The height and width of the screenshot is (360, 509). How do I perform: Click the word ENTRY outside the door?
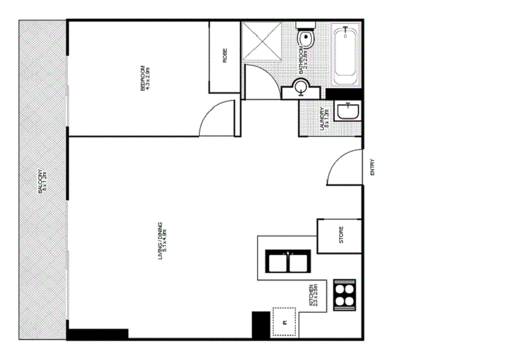coord(372,166)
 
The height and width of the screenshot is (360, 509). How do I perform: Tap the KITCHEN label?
coord(314,296)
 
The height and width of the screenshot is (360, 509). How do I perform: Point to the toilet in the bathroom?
coord(307,37)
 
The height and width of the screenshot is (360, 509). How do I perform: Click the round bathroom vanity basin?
coord(300,89)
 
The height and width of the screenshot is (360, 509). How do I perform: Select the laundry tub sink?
coord(348,112)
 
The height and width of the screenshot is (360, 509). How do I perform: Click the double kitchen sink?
coord(288,262)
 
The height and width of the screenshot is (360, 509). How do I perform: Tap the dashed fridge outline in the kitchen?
coord(285,322)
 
